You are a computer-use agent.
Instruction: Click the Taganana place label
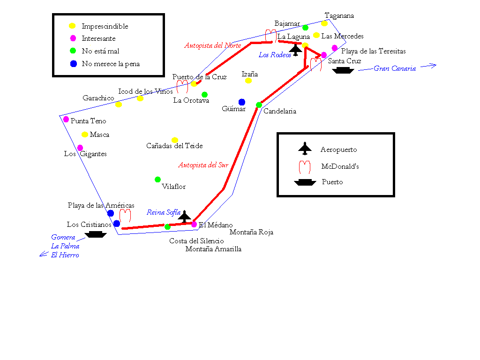339,15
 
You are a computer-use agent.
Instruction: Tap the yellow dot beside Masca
85,135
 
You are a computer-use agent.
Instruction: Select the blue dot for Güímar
242,102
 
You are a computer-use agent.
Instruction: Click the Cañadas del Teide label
174,146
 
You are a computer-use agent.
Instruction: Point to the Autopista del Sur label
203,165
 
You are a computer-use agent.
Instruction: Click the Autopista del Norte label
212,45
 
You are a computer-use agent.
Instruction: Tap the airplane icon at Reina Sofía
185,216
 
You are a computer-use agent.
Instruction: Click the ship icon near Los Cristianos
96,234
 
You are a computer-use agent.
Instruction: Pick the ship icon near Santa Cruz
343,70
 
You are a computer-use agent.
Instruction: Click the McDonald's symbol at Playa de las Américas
125,216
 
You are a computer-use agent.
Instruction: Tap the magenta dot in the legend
73,38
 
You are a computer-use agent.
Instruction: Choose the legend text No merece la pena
111,64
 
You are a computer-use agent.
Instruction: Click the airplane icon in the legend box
305,149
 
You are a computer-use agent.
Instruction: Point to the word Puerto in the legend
332,182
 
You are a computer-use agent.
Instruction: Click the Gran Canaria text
395,68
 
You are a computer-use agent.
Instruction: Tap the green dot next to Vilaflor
157,180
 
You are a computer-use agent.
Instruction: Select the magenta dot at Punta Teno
66,120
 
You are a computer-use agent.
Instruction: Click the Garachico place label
98,98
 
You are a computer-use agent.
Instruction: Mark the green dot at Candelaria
259,105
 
